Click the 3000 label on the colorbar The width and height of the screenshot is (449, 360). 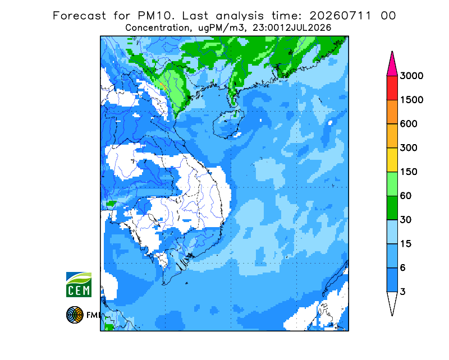[x=411, y=76]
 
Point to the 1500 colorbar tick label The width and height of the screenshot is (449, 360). [x=411, y=100]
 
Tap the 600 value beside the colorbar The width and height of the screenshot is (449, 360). [x=409, y=124]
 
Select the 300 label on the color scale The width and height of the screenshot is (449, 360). [x=409, y=148]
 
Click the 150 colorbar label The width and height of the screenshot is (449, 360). [x=409, y=172]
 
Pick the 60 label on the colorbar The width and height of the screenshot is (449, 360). [x=406, y=196]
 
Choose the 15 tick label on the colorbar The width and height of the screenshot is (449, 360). [x=406, y=244]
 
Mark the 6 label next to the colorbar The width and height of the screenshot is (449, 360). [x=403, y=268]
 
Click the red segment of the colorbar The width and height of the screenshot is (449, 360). [x=392, y=88]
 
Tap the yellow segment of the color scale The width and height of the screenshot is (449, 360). [x=392, y=160]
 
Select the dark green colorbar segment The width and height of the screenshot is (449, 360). [x=392, y=208]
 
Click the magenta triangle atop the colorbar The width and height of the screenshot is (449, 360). [x=392, y=66]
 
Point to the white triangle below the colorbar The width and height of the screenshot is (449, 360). [x=392, y=302]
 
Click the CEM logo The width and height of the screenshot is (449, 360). [x=79, y=284]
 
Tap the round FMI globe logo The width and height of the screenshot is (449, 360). [x=75, y=315]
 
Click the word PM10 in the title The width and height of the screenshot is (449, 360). [x=156, y=16]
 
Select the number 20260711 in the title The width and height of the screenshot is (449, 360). [x=341, y=16]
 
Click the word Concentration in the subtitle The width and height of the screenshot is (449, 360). [x=157, y=28]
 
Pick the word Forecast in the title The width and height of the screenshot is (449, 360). [x=79, y=16]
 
